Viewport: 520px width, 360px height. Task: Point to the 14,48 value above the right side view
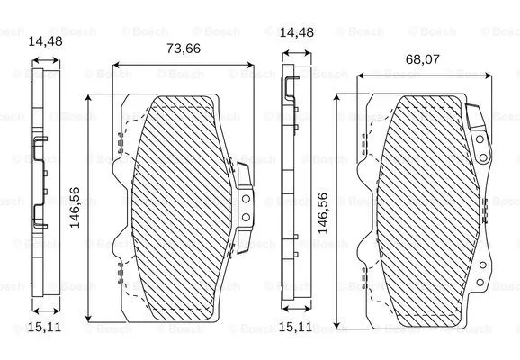coord(296,32)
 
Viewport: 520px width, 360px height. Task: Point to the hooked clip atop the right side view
coord(292,86)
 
